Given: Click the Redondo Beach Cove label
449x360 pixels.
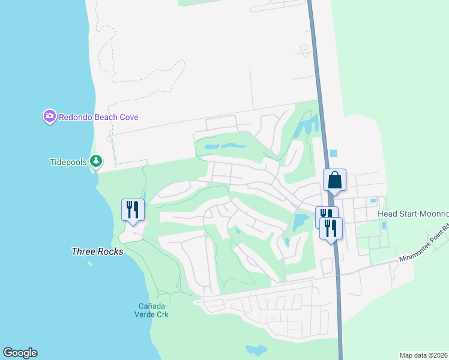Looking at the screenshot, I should point(98,117).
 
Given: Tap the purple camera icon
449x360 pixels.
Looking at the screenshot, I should point(49,116).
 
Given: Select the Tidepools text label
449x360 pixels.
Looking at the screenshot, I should point(68,161).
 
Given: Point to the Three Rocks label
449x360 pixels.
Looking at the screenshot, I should point(97,251).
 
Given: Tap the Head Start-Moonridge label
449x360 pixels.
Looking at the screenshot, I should point(413,214).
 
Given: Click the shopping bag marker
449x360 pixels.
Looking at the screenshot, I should point(334,179).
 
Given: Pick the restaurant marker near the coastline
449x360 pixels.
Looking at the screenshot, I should point(133,209).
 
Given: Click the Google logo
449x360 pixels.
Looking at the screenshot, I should point(20,353).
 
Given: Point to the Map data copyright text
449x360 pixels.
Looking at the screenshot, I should point(424,355).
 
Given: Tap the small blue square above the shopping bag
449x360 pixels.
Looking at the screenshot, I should point(334,154).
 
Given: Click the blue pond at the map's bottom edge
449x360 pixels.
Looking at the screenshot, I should point(256,349).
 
